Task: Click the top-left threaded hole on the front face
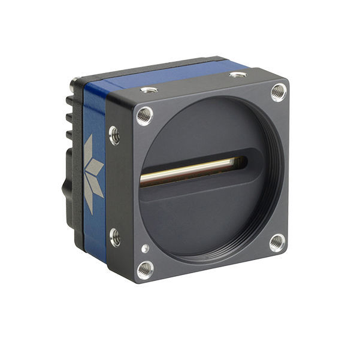144,114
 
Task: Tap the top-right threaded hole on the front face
278,91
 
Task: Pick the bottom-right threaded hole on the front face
277,243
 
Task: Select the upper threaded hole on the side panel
114,135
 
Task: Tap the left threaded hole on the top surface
149,90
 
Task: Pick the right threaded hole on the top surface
238,75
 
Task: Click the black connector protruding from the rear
67,180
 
